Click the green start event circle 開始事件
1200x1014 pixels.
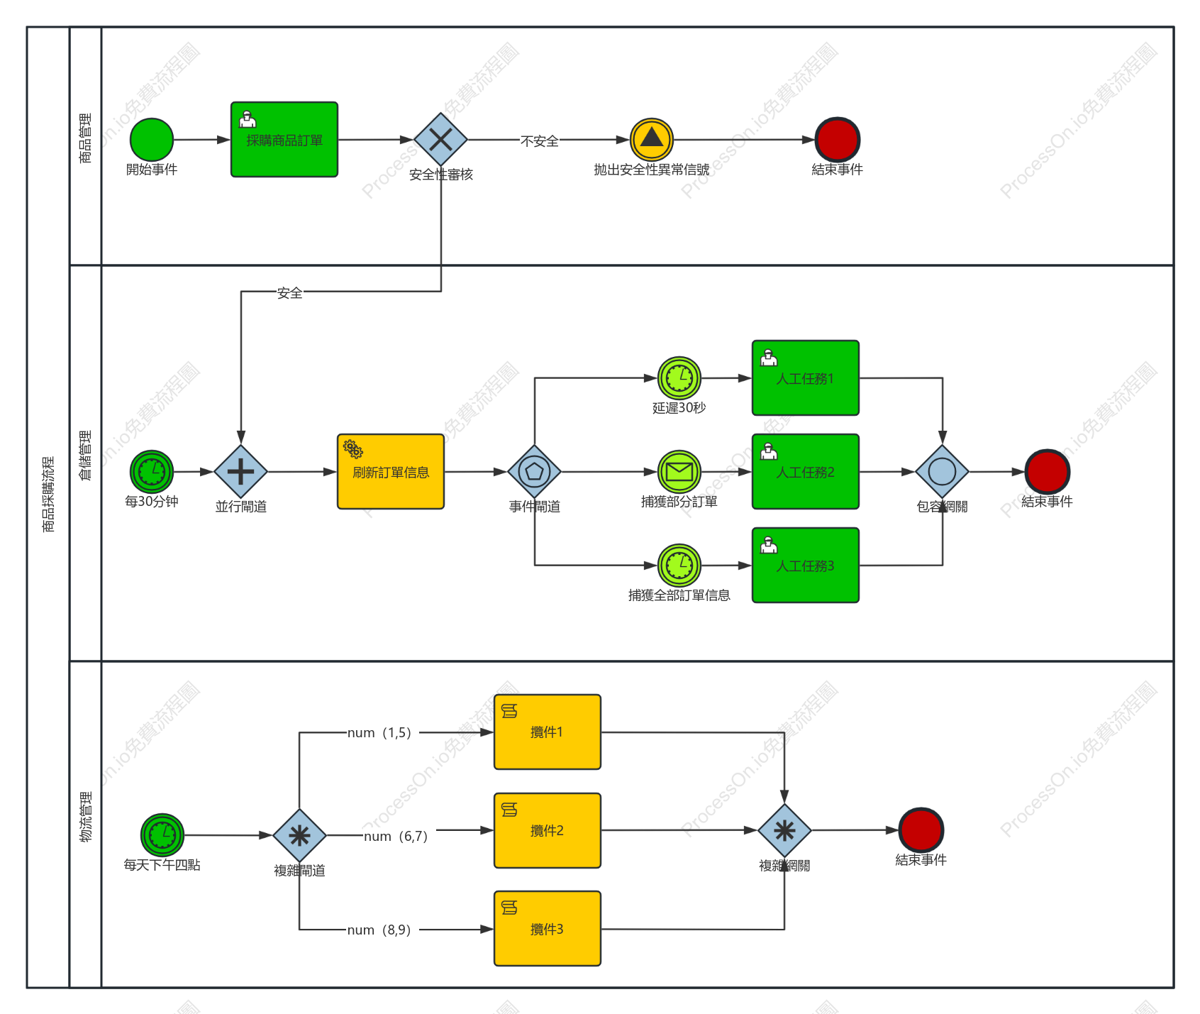pos(152,140)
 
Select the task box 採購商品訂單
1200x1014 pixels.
pos(284,140)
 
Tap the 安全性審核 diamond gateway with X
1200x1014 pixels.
pos(440,140)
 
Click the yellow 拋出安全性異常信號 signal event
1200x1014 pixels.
pos(652,140)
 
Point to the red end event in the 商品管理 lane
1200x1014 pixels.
pos(838,140)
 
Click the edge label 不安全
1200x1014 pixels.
pos(540,141)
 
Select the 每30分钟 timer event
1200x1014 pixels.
pos(152,472)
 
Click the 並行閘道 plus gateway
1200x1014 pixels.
pos(241,472)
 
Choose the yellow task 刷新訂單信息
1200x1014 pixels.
pos(391,472)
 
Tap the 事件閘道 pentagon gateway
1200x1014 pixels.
pos(535,472)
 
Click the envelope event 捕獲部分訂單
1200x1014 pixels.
pos(679,472)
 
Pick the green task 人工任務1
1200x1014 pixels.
pos(806,378)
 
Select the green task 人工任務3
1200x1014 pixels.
pos(806,566)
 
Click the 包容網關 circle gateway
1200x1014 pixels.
pos(943,472)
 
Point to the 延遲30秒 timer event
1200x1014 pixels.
pos(679,378)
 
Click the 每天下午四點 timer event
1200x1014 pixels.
pos(162,835)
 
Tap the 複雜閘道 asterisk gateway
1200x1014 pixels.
pos(299,836)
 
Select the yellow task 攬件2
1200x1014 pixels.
pos(548,831)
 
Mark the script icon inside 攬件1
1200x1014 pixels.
pos(509,711)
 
